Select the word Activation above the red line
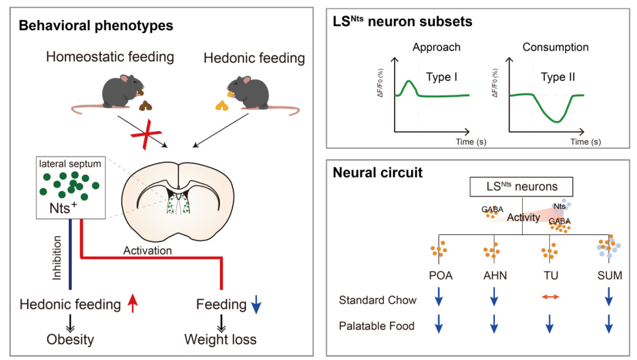147,251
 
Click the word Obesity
70,339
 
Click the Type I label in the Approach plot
442,77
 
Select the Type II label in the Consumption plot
558,77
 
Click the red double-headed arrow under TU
549,299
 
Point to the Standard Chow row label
377,300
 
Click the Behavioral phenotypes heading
96,25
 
